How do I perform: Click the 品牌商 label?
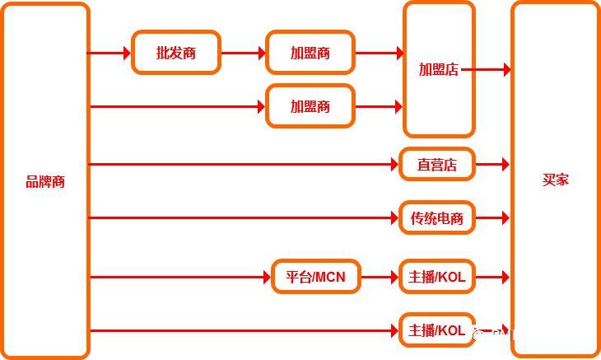tap(45, 182)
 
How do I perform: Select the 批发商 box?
tap(176, 53)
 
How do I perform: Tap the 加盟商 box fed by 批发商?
tap(310, 53)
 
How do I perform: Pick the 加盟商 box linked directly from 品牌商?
tap(310, 106)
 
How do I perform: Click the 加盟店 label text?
tap(438, 70)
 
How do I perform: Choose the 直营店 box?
tap(437, 165)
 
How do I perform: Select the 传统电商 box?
tap(437, 218)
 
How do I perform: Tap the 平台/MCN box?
tap(316, 277)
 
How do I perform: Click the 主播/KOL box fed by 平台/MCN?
tap(437, 277)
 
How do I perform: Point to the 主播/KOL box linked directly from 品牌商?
tap(437, 330)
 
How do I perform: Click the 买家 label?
tap(556, 180)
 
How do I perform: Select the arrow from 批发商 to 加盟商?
tap(244, 54)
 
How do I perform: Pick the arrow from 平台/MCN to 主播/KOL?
tap(380, 278)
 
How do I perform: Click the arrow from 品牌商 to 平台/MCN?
tap(181, 278)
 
